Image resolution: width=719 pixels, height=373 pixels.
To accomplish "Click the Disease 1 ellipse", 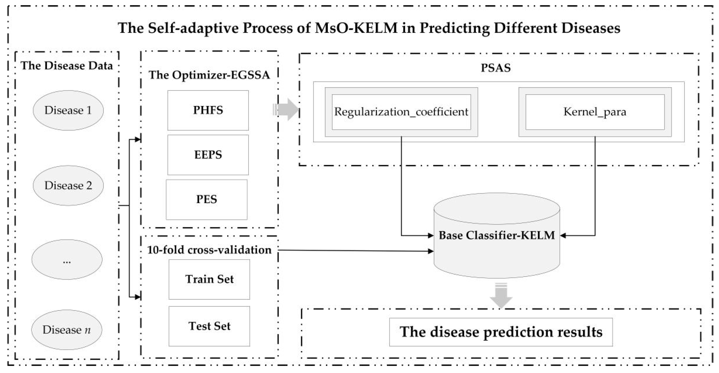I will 68,110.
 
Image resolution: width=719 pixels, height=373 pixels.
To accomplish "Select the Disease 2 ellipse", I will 68,186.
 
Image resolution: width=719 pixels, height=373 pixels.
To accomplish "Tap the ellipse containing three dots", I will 67,260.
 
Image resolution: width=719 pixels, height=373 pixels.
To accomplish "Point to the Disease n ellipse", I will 67,330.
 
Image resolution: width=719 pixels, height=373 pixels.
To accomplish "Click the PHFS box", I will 208,110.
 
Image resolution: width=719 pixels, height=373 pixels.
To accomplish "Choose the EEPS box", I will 208,155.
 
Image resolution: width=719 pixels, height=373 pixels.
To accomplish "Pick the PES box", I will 207,199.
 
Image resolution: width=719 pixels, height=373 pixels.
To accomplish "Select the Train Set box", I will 209,279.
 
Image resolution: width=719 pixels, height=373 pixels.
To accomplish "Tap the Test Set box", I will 209,326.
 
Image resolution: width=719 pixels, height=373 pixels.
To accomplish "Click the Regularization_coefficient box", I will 401,112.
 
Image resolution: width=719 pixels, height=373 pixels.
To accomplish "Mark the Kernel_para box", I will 595,112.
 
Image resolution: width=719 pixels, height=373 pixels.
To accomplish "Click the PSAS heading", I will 495,68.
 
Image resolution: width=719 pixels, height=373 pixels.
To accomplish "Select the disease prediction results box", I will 501,332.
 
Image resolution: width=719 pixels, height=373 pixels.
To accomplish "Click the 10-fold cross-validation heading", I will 209,250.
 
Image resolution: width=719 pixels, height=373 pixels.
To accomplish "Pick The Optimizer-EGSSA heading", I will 209,75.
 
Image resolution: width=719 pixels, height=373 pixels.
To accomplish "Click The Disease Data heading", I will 67,66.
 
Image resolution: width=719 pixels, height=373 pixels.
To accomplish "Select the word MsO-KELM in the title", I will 356,28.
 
